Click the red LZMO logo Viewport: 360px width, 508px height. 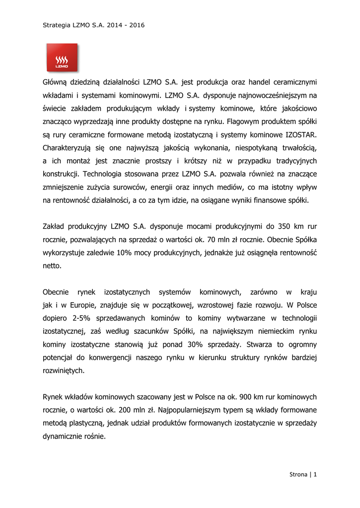pyautogui.click(x=62, y=57)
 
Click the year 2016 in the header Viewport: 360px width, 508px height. pyautogui.click(x=137, y=25)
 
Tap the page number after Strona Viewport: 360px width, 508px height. pyautogui.click(x=315, y=474)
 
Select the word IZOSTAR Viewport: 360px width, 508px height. pyautogui.click(x=300, y=134)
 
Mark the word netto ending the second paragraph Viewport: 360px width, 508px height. pyautogui.click(x=52, y=265)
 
